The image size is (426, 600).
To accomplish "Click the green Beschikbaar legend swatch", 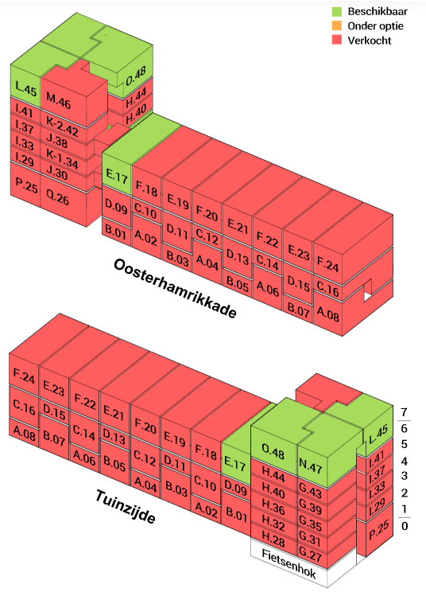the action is click(x=337, y=11).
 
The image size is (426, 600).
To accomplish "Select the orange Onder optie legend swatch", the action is click(x=337, y=25).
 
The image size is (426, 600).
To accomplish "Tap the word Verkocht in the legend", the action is click(x=369, y=40).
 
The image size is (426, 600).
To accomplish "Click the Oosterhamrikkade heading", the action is click(x=175, y=287).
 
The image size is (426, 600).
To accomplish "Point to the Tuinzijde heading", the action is click(x=125, y=506).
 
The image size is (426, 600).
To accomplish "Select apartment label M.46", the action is click(x=59, y=100).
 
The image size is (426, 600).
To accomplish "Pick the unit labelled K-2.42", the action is click(x=62, y=126).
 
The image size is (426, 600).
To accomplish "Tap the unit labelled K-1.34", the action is click(x=62, y=158).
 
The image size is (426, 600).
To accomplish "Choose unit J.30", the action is click(x=57, y=173).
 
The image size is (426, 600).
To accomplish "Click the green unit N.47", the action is click(x=310, y=466).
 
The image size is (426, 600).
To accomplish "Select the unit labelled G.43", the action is click(x=310, y=492).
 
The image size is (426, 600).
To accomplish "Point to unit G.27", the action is click(x=310, y=553).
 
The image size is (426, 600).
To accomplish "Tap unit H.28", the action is click(x=273, y=539).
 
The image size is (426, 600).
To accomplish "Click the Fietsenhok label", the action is click(x=289, y=563).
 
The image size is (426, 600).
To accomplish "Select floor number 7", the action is click(x=405, y=412).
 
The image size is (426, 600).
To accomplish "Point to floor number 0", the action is click(x=405, y=526).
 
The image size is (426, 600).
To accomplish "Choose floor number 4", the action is click(x=405, y=461).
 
